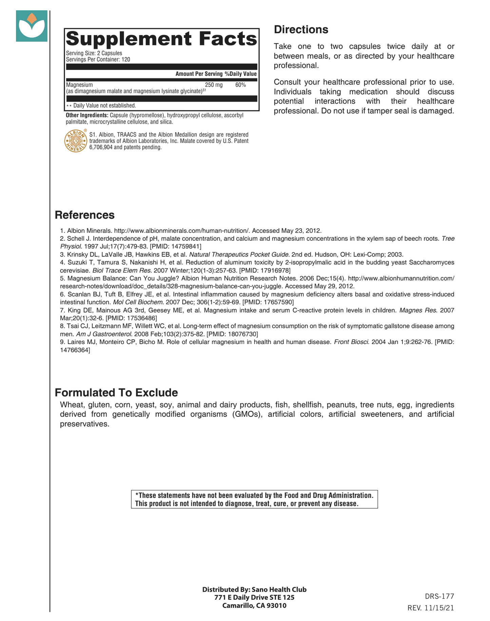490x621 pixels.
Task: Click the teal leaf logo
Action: click(x=32, y=26)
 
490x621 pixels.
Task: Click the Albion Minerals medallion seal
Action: click(x=76, y=141)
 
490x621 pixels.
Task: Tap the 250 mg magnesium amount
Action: click(x=214, y=85)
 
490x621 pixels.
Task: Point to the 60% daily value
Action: click(x=240, y=85)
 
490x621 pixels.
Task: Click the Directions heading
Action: click(x=301, y=30)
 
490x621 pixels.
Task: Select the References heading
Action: click(x=84, y=215)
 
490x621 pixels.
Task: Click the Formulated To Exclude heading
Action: click(x=116, y=392)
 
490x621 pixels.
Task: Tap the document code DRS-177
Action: click(x=439, y=596)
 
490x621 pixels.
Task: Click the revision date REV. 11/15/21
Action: click(x=430, y=608)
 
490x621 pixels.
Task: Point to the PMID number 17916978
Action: click(x=277, y=270)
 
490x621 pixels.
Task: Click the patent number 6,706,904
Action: click(x=101, y=147)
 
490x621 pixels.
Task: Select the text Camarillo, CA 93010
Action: click(x=254, y=605)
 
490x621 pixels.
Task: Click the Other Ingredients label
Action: click(x=87, y=115)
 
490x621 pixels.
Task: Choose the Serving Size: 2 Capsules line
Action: click(x=94, y=53)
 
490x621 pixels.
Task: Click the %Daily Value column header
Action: click(x=240, y=74)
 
